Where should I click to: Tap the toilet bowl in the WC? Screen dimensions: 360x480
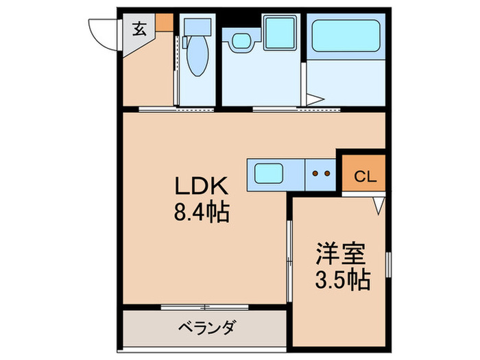point(195,59)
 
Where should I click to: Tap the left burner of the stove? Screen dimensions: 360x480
point(315,173)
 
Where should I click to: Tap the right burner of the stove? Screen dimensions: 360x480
point(327,173)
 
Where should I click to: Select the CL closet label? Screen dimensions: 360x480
point(365,176)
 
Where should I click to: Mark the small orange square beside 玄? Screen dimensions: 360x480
point(163,22)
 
